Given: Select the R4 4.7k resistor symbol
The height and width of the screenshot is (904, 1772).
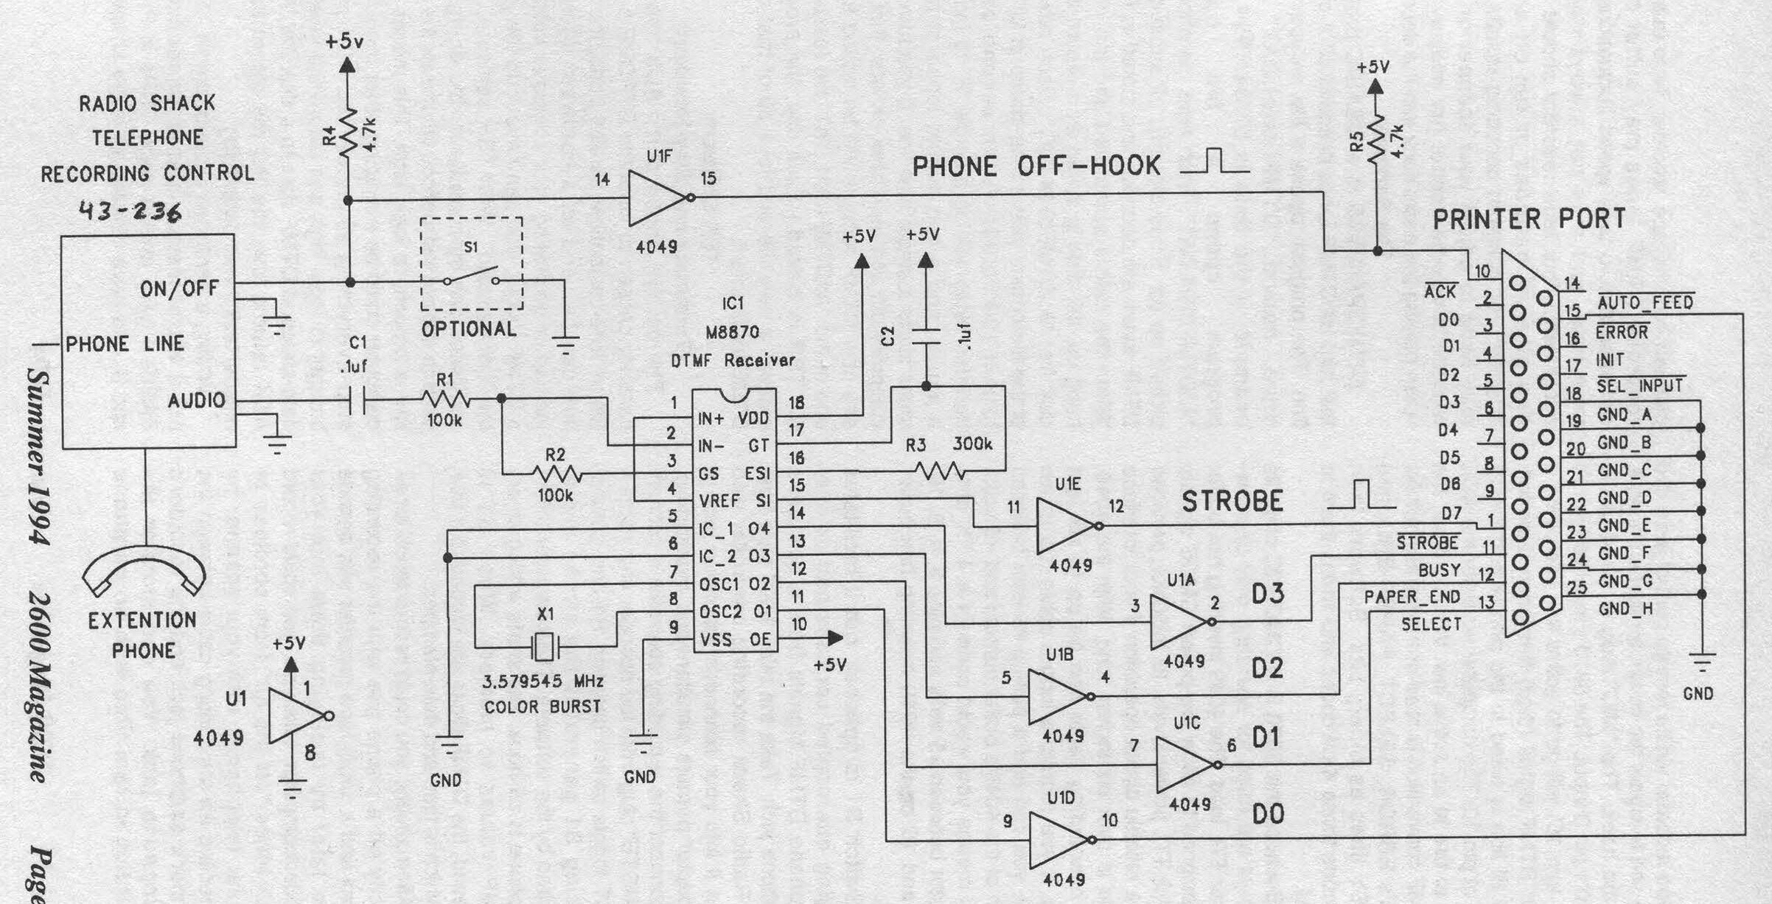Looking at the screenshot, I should click(x=348, y=134).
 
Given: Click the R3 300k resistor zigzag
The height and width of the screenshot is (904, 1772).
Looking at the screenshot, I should click(x=939, y=470).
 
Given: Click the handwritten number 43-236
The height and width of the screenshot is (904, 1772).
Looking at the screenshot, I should click(x=130, y=213).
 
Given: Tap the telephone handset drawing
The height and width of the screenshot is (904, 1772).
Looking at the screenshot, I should click(x=144, y=571).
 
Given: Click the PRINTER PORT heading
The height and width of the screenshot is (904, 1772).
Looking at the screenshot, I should click(x=1529, y=219).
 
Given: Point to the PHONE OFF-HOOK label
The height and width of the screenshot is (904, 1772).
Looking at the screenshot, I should click(x=1036, y=167).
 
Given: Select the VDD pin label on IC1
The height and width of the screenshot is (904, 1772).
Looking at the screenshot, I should click(x=753, y=418).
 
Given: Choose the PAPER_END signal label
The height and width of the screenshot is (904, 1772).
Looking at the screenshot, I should click(x=1412, y=597).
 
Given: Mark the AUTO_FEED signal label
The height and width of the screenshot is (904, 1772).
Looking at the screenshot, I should click(x=1645, y=302).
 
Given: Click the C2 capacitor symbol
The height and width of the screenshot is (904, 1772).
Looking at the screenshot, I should click(x=927, y=337).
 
